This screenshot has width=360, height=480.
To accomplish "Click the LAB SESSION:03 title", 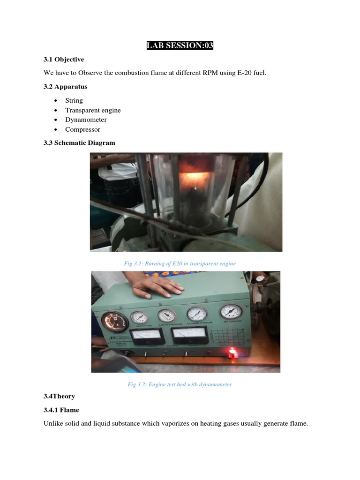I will (180, 45).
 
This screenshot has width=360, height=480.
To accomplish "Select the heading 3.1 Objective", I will (64, 60).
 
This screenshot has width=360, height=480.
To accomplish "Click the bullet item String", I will (74, 100).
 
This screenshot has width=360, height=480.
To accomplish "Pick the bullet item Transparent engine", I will (93, 110).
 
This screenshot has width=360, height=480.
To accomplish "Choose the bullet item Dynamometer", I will (86, 120).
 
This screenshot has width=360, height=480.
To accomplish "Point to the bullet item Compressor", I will (82, 129).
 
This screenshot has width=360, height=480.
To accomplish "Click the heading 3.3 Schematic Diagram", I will (79, 142).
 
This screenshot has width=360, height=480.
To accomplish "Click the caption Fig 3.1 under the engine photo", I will (180, 263).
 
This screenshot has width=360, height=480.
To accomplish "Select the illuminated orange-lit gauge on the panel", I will (115, 322).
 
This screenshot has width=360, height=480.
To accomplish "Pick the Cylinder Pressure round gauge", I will (196, 314).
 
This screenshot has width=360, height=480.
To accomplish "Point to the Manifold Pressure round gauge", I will (167, 316).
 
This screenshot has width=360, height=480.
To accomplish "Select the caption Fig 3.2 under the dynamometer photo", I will (180, 384).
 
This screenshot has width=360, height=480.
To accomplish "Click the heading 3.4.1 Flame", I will (61, 410).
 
